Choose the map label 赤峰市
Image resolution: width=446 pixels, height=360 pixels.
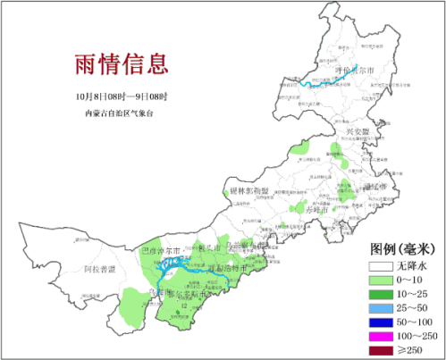(317, 208)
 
